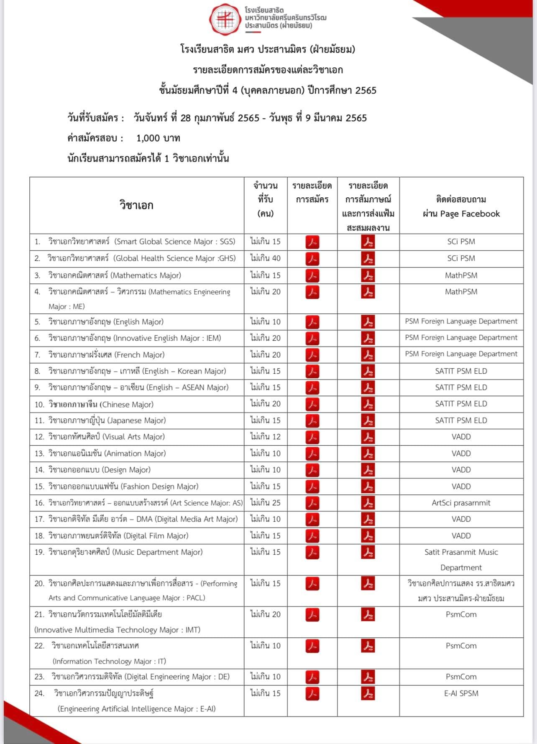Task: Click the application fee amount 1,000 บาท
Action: [158, 138]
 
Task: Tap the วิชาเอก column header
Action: [136, 205]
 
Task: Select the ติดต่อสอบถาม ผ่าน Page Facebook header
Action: [461, 206]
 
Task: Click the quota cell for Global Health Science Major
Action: [266, 258]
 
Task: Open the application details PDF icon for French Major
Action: [312, 355]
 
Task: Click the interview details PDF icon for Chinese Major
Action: [368, 404]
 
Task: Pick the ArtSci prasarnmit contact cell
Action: [461, 503]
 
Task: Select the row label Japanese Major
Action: [107, 420]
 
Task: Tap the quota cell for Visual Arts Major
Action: [266, 437]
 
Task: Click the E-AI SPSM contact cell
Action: [461, 693]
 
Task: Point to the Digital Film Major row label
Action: [118, 536]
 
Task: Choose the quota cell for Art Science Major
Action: [266, 503]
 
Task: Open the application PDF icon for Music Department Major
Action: [312, 553]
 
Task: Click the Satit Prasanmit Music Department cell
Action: [461, 560]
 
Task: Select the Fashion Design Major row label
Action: [123, 487]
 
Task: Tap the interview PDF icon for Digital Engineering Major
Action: [368, 677]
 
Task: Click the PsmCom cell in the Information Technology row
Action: [461, 646]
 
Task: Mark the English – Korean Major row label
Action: [137, 371]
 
